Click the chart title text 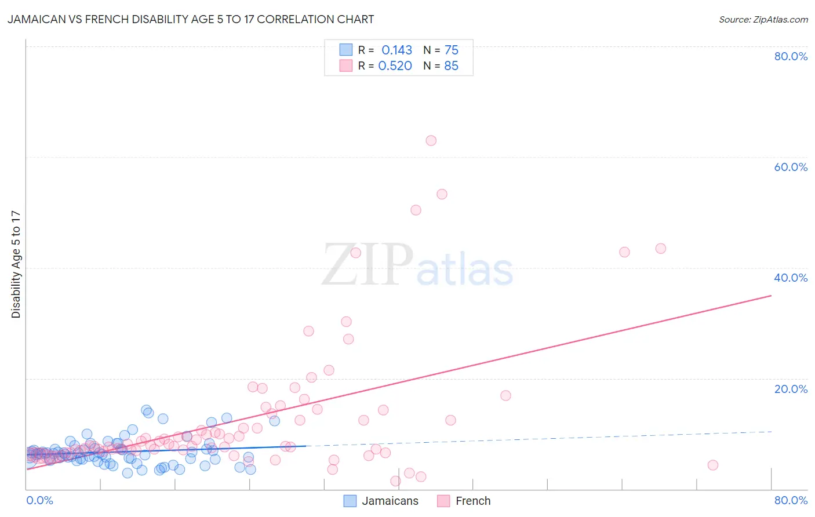point(191,19)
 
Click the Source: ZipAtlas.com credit point(763,19)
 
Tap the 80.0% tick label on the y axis point(791,56)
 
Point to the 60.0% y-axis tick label point(791,167)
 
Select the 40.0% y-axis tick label point(791,278)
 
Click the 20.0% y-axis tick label point(791,389)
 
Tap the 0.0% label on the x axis point(39,500)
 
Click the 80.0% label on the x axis point(791,500)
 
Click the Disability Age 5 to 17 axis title point(16,264)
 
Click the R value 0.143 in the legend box point(396,50)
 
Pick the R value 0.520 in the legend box point(395,66)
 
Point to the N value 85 point(451,66)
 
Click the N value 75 point(451,50)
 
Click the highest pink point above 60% point(431,140)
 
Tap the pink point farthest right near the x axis point(713,465)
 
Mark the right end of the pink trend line point(771,296)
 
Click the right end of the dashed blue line point(771,432)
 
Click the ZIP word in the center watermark point(368,265)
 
